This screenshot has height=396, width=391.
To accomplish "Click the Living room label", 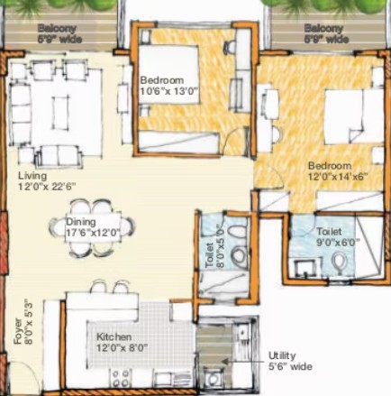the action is click(x=32, y=175).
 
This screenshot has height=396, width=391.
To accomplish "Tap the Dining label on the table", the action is click(x=81, y=222).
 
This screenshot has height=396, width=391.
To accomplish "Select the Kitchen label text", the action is click(x=114, y=336).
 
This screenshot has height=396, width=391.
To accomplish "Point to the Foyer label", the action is click(x=18, y=331).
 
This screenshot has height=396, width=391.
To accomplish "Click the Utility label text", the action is click(x=282, y=355).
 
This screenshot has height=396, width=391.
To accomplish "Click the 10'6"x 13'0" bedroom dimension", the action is click(x=170, y=91).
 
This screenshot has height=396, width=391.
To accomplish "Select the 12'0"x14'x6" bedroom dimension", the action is click(x=338, y=177).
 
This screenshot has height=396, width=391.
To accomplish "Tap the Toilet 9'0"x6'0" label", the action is click(x=339, y=236).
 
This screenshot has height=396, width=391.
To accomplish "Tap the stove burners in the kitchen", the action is click(x=121, y=378).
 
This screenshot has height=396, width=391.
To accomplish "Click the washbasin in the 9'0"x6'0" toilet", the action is click(x=305, y=268).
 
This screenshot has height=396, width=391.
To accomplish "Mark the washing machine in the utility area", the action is click(x=213, y=379).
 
